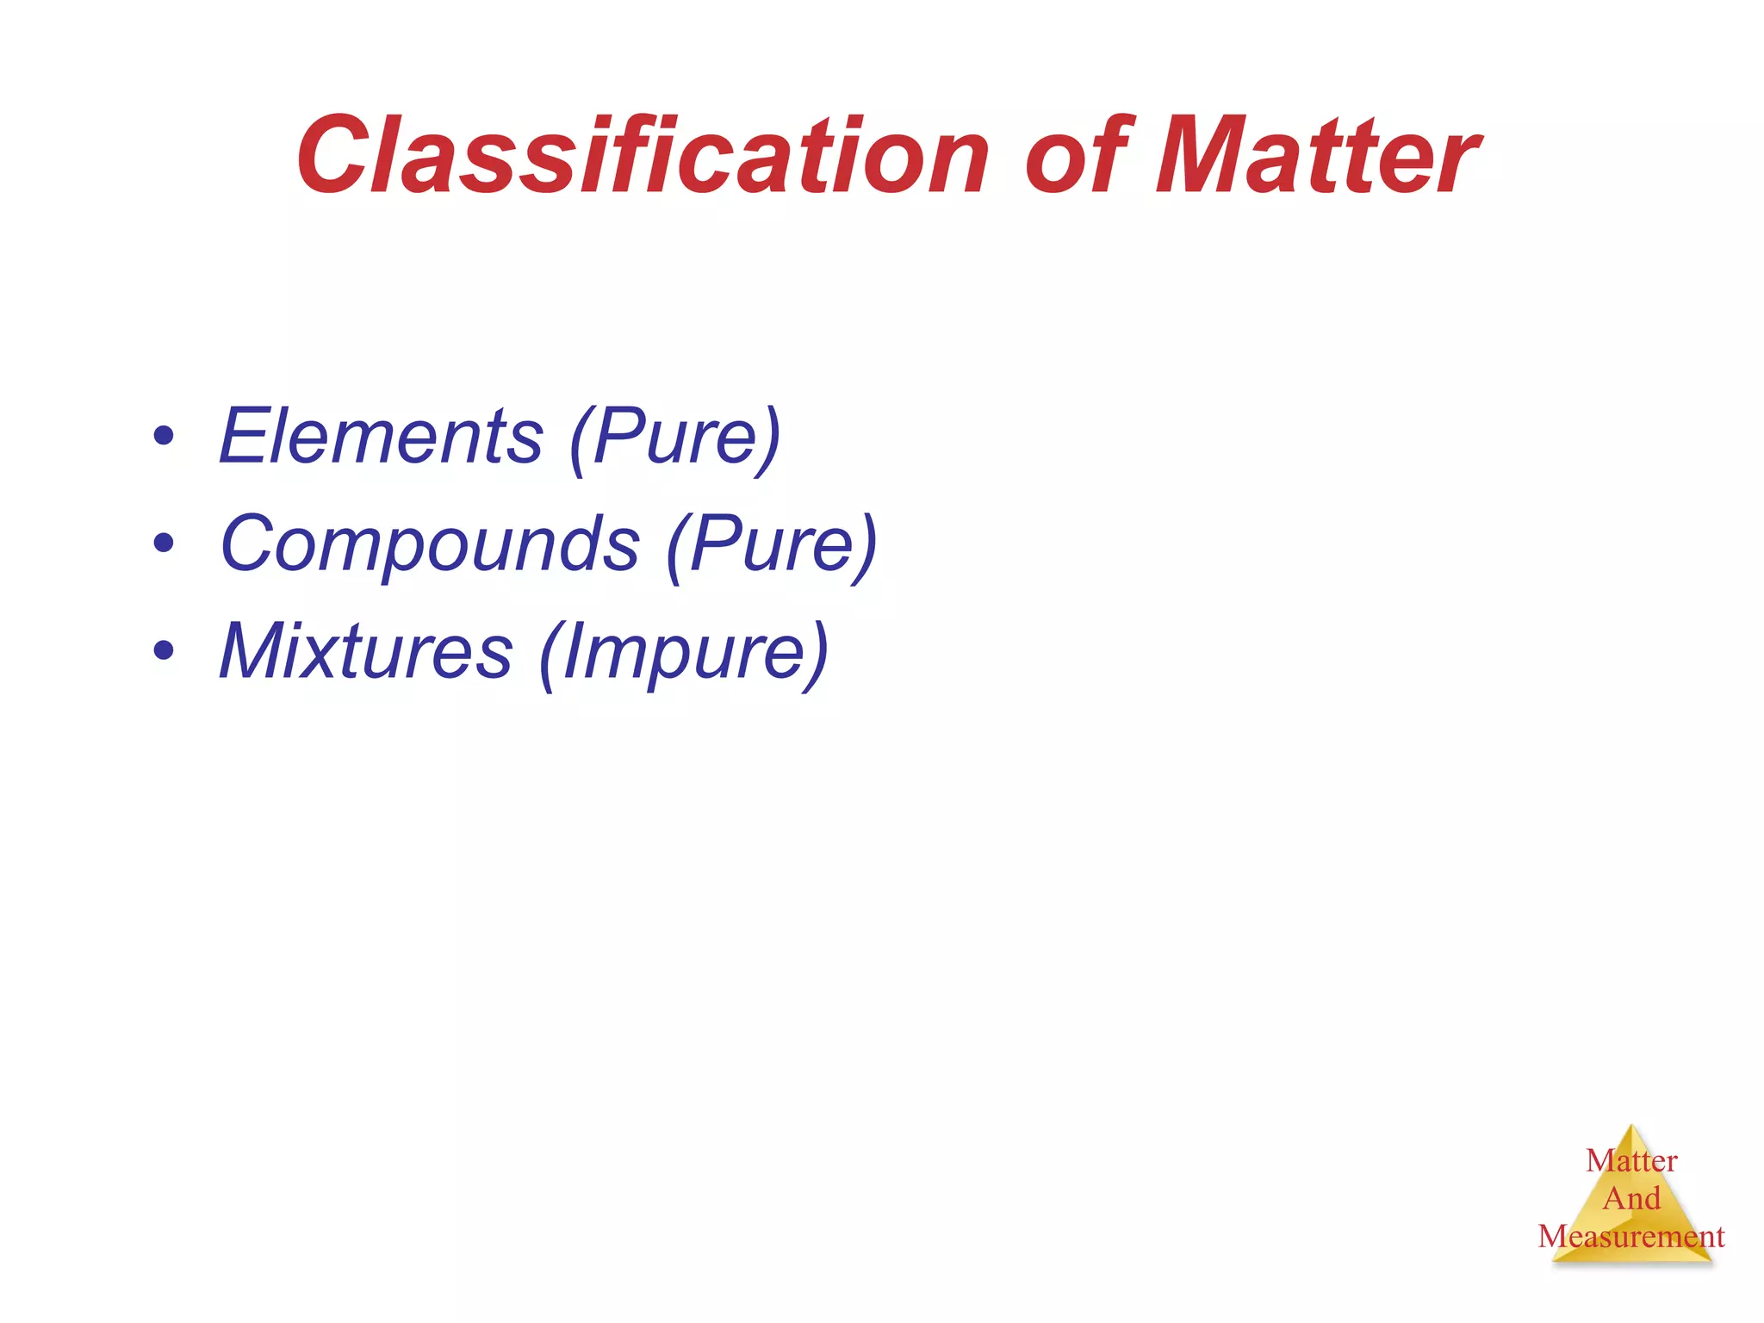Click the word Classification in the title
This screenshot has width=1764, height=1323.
coord(642,157)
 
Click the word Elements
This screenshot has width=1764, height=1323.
coord(381,437)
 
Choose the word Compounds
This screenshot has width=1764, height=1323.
coord(430,544)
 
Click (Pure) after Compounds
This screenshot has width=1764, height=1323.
coord(772,544)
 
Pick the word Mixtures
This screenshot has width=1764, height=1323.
coord(366,651)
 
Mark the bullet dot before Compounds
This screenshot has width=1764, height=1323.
coord(163,543)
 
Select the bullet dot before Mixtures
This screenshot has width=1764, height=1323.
coord(163,650)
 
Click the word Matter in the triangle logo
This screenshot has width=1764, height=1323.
coord(1631,1161)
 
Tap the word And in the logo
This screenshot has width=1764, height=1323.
coord(1631,1199)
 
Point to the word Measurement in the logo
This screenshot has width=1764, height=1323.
coord(1631,1237)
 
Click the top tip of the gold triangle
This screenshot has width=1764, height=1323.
coord(1632,1127)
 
